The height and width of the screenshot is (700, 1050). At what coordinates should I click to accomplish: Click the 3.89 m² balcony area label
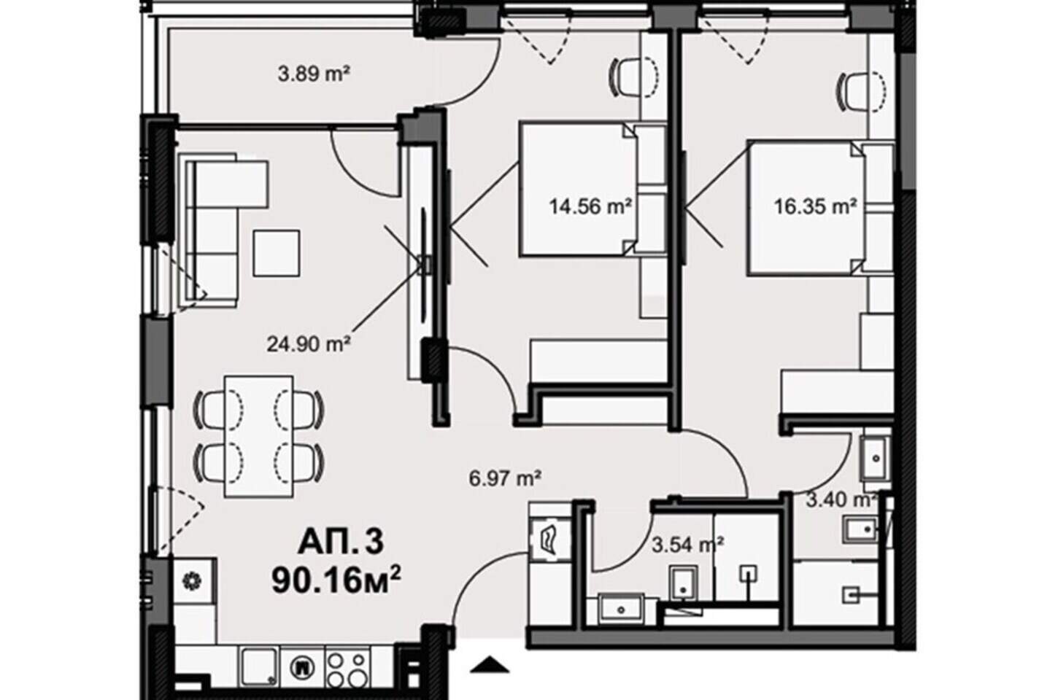(x=314, y=74)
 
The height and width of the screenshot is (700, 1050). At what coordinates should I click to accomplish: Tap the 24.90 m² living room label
(x=309, y=344)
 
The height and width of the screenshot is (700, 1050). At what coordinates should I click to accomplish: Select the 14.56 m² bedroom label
(x=590, y=206)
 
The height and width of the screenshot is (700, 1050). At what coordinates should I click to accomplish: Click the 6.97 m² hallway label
(x=506, y=479)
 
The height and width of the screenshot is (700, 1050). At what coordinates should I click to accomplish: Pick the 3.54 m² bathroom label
(x=687, y=545)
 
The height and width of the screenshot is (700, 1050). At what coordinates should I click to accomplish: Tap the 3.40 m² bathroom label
(x=841, y=500)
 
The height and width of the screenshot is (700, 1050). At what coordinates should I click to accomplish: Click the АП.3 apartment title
(x=341, y=542)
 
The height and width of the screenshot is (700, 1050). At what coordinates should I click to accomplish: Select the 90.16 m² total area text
(x=336, y=581)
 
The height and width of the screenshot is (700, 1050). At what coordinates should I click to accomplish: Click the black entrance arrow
(x=490, y=664)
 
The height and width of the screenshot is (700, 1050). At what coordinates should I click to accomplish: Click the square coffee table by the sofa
(x=277, y=253)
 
